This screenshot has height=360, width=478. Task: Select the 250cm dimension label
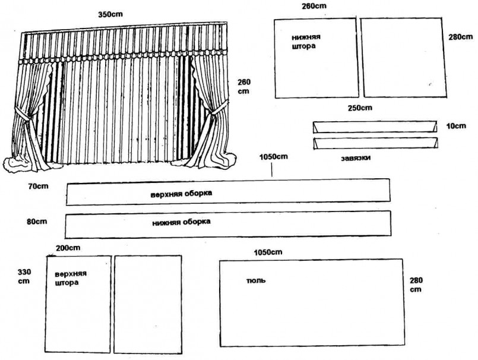click(x=360, y=108)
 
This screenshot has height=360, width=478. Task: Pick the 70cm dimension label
click(x=37, y=187)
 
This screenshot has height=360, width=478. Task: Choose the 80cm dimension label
click(x=37, y=220)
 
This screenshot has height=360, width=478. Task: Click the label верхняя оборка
click(x=182, y=194)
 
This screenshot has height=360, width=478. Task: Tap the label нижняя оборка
click(x=182, y=222)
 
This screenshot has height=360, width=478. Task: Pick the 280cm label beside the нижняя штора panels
click(x=461, y=36)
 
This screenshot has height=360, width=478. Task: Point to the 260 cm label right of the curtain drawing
click(x=244, y=87)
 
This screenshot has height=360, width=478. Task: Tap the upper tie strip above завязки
click(x=375, y=127)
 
